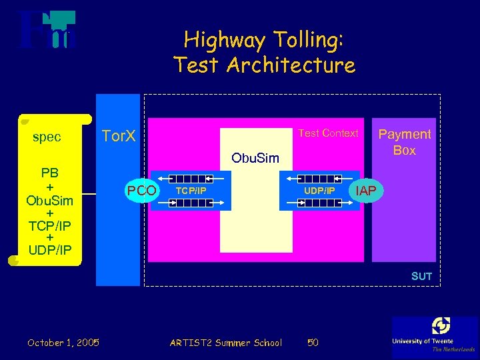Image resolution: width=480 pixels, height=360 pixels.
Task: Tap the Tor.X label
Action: click(119, 137)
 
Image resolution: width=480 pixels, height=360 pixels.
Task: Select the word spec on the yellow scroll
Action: click(47, 137)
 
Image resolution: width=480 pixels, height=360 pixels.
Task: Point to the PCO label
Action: click(142, 191)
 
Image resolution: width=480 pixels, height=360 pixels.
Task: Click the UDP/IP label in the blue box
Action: click(319, 191)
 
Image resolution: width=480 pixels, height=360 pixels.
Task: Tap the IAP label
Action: click(366, 191)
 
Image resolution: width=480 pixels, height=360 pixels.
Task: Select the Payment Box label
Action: click(405, 142)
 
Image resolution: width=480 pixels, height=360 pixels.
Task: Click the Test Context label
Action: click(328, 133)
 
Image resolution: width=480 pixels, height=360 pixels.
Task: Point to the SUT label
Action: click(421, 276)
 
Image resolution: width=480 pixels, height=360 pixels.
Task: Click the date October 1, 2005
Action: click(63, 343)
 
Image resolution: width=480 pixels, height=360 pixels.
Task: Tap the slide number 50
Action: click(313, 343)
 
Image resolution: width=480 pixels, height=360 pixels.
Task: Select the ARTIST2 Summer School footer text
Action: click(226, 343)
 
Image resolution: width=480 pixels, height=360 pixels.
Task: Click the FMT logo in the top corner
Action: click(47, 30)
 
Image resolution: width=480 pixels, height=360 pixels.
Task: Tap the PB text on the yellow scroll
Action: click(50, 173)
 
